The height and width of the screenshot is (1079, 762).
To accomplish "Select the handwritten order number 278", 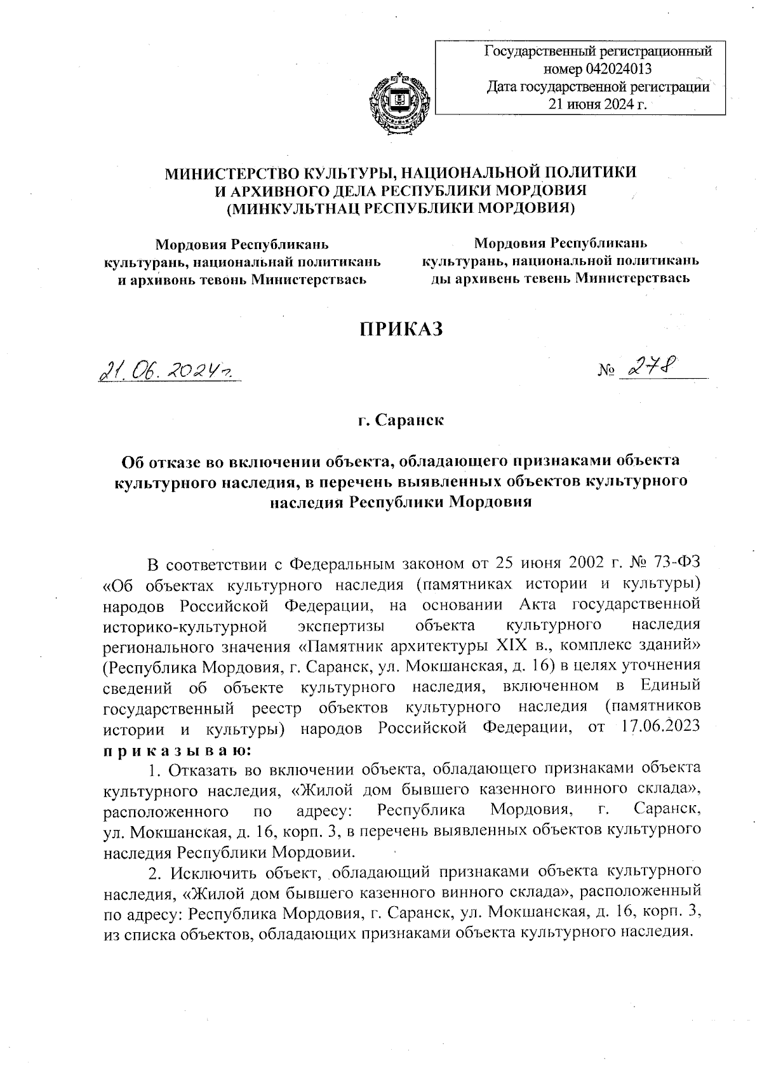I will click(x=651, y=367).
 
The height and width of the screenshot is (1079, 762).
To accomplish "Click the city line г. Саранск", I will click(x=400, y=420).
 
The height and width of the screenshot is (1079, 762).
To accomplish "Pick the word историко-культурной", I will click(x=184, y=626).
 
